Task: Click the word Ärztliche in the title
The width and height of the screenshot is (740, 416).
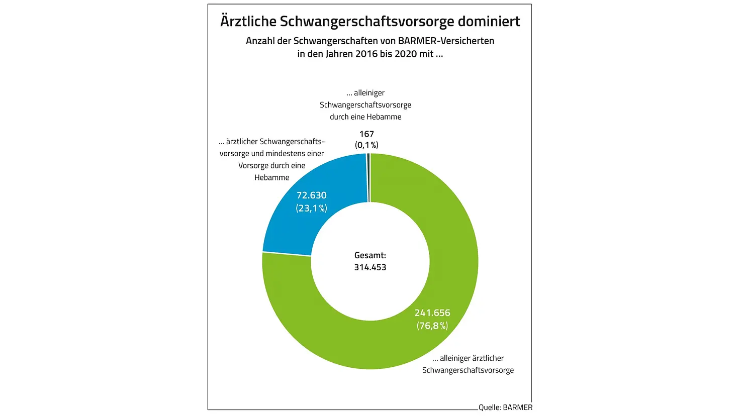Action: pos(248,22)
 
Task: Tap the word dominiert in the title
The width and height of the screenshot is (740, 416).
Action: pos(489,22)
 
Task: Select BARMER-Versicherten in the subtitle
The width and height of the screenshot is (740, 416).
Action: pos(446,41)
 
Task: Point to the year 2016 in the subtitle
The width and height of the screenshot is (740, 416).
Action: pos(366,54)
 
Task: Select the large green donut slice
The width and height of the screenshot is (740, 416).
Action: pos(382,347)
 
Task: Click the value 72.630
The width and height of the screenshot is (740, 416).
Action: pos(312,195)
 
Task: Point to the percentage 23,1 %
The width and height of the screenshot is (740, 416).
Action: pos(312,208)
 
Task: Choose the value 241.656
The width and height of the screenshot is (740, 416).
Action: pos(432,313)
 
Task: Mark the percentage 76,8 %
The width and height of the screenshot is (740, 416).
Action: pos(432,326)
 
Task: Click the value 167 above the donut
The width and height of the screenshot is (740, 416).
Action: pos(366,134)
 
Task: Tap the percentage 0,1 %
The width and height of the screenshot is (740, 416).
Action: pos(366,145)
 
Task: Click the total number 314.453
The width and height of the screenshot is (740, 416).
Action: pos(370,267)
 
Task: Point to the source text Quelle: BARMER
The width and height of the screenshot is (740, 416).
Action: pos(505,407)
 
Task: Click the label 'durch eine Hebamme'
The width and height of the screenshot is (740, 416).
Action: pos(365,117)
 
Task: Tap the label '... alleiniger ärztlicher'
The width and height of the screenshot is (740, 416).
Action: pos(468,359)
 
